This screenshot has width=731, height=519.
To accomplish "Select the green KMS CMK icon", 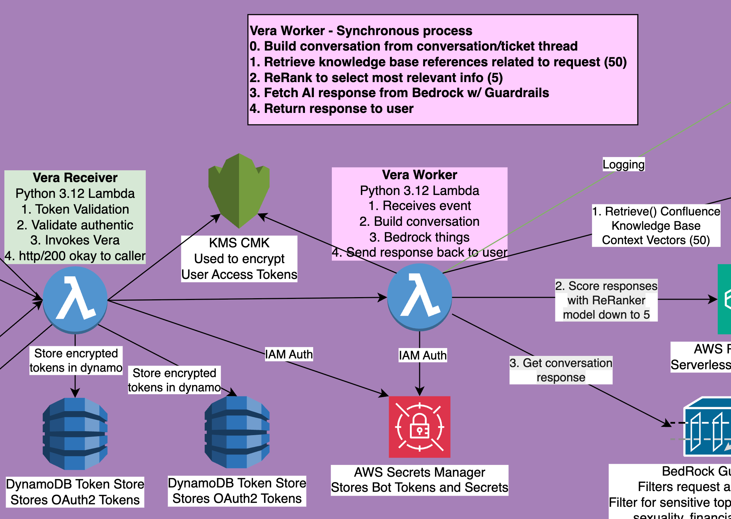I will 239,190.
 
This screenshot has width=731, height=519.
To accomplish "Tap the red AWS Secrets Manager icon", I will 420,427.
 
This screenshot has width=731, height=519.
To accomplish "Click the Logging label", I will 623,165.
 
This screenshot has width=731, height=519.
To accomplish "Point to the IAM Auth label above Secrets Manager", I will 423,355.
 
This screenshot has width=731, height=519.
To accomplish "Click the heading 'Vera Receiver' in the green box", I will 75,178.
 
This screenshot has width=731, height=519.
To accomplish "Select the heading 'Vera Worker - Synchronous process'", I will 361,31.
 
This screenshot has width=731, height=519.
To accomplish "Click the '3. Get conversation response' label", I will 561,370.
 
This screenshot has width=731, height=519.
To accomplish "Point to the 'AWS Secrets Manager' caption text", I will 419,472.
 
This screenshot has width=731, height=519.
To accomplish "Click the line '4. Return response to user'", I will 331,109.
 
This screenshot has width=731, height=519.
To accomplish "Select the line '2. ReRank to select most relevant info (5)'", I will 376,77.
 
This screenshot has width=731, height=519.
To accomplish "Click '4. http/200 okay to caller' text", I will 75,256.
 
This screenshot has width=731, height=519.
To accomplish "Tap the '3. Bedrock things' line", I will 419,237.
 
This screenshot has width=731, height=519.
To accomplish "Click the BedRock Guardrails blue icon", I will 708,427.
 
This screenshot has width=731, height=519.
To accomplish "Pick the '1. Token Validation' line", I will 75,209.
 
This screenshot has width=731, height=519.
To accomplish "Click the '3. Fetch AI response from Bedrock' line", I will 399,93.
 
